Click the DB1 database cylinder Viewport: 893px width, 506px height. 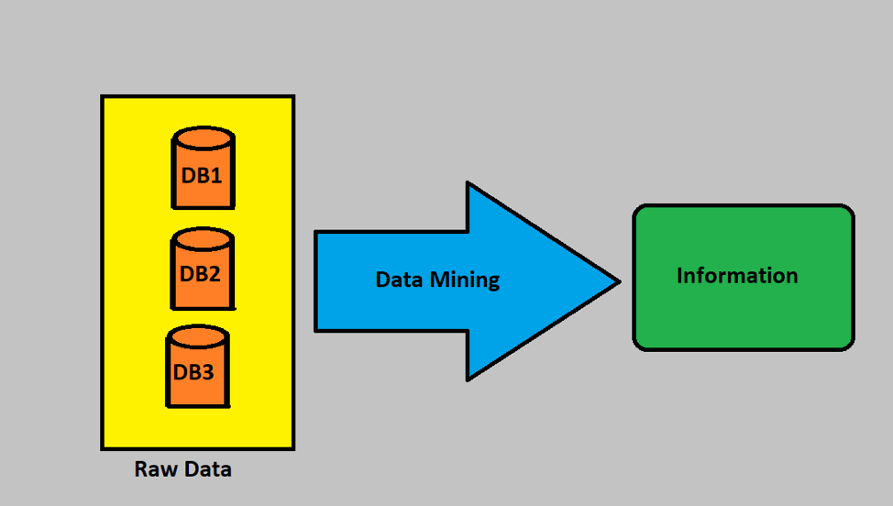(x=204, y=168)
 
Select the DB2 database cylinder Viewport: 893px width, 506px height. (x=203, y=269)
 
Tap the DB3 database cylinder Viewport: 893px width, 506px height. (x=198, y=367)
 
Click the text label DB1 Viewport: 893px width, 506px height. (x=202, y=175)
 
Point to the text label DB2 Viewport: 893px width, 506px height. (x=200, y=274)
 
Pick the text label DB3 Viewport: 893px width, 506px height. (x=193, y=372)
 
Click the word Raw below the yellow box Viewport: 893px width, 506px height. (x=152, y=469)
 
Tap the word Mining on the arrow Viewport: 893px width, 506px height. (x=464, y=280)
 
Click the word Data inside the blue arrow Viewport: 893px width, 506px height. (x=399, y=280)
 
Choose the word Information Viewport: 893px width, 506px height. (x=737, y=276)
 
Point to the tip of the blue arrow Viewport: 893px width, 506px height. (x=620, y=281)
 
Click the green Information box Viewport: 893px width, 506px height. (x=744, y=277)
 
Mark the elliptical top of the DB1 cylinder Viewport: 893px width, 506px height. (x=204, y=137)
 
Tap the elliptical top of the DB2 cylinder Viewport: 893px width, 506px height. (x=203, y=239)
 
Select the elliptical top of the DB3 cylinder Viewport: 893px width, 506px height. (x=198, y=336)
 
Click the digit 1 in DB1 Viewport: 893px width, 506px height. (x=215, y=175)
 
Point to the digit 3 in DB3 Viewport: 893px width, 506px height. (x=207, y=372)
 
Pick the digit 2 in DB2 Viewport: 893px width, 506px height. (x=214, y=274)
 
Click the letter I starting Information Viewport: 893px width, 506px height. (x=679, y=276)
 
